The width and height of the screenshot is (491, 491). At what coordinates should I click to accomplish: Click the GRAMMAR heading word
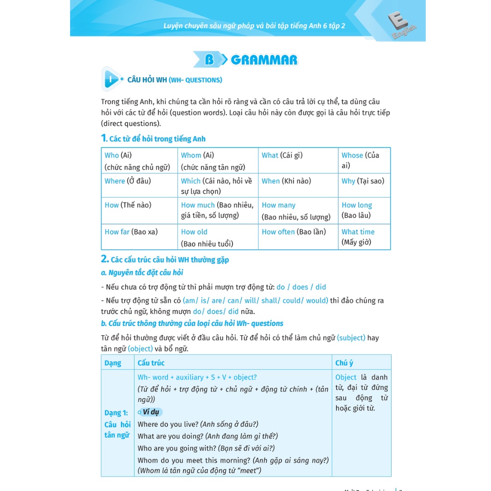click(x=264, y=60)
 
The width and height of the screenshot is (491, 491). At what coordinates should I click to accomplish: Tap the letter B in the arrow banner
click(x=209, y=60)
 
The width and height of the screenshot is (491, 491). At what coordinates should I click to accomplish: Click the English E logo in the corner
click(x=402, y=26)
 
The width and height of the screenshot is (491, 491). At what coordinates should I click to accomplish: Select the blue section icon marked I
click(x=111, y=79)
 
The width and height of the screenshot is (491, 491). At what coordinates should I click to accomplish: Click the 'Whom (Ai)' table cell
click(x=219, y=161)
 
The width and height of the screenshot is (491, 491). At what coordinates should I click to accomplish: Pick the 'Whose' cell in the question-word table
click(x=364, y=160)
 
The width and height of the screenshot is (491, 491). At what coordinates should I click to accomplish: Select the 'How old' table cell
click(x=219, y=237)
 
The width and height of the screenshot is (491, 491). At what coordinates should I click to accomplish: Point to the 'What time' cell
click(x=364, y=237)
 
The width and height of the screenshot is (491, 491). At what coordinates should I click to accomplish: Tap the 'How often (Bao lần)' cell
click(x=297, y=237)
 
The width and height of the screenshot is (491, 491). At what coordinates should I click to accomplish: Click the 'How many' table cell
click(x=297, y=211)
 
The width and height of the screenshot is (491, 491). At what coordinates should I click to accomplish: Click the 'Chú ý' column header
click(x=344, y=363)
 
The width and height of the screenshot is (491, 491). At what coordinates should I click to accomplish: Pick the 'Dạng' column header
click(x=113, y=363)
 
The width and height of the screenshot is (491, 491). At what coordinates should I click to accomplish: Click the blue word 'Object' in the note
click(x=346, y=377)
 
